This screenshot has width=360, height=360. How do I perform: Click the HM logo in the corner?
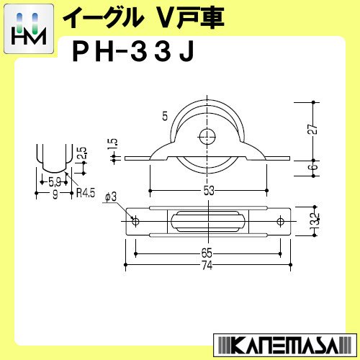[29, 29]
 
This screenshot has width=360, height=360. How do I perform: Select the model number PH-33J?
[133, 53]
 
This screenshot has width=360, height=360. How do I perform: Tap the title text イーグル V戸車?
[143, 18]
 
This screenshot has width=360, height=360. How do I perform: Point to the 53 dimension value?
[209, 191]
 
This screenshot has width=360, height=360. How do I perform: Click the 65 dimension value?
[207, 253]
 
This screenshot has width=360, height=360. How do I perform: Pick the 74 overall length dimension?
[207, 265]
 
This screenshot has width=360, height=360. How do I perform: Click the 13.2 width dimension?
[315, 220]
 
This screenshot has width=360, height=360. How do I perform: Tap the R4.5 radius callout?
[86, 193]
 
